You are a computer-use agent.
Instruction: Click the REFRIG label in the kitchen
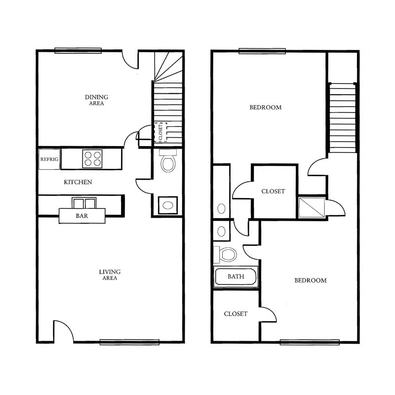coord(49,159)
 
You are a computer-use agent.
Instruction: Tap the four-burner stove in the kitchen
coord(92,158)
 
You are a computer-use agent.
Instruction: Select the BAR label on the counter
coord(82,216)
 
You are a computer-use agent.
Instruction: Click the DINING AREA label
coord(96,100)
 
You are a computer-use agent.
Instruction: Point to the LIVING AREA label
coord(110,275)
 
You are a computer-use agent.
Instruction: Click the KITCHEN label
coord(78,182)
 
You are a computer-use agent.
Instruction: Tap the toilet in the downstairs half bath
coord(168,161)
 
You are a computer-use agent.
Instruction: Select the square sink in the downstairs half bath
coord(168,205)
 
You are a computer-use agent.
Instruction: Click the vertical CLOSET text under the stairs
coord(161,132)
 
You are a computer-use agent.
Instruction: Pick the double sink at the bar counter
coord(84,203)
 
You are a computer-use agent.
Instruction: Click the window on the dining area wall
coord(78,51)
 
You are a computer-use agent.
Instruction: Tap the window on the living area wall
coord(129,342)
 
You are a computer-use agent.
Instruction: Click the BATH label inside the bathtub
coord(236,276)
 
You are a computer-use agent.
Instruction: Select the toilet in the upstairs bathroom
coord(226,255)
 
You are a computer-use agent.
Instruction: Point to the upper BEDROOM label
coord(266,107)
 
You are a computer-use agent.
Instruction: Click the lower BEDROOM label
coord(311,280)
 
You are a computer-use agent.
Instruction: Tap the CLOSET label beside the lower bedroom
coord(236,314)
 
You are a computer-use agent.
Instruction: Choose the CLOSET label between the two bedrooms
coord(273,191)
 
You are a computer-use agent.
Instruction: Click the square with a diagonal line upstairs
coord(312,207)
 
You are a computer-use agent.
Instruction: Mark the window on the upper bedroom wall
coord(262,51)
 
